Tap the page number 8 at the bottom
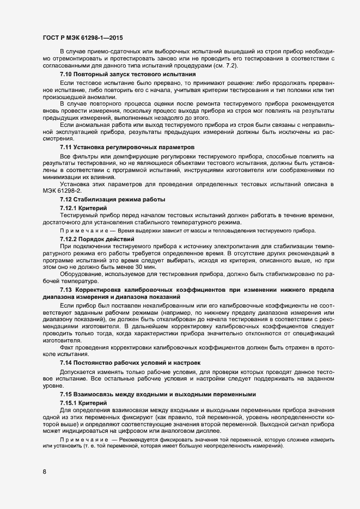pos(44,471)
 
